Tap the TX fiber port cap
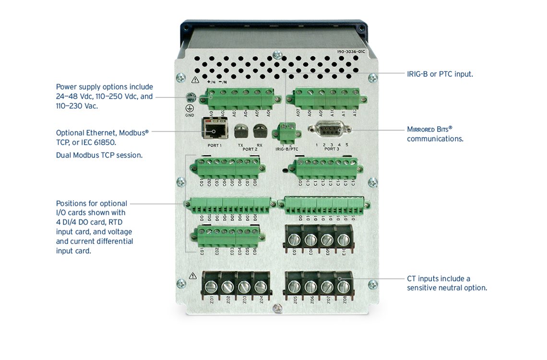(x=240, y=130)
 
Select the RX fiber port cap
(x=260, y=130)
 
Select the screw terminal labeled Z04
(x=261, y=287)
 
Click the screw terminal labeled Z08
(x=344, y=287)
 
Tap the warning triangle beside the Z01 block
(x=193, y=276)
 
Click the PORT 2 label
(x=250, y=150)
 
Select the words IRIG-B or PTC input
(x=440, y=74)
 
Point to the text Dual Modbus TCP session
(x=99, y=155)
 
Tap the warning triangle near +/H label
(x=195, y=80)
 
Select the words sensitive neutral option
(x=447, y=288)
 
